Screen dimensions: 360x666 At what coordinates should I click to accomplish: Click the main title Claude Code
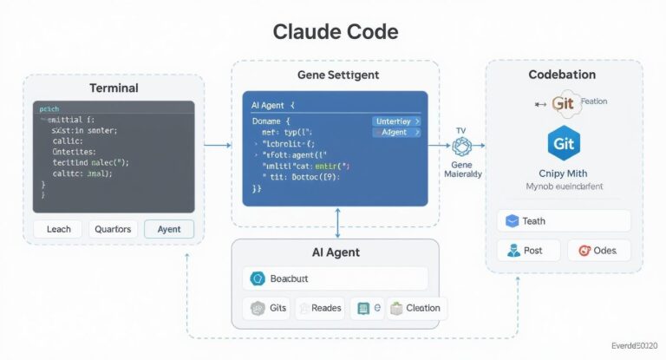click(x=335, y=32)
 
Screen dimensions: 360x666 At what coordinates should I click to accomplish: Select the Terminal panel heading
click(x=114, y=88)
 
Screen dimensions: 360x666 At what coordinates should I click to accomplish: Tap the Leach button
click(x=58, y=229)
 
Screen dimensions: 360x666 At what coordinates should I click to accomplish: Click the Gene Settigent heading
click(x=337, y=75)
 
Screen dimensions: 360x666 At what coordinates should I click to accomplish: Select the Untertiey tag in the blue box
click(x=396, y=121)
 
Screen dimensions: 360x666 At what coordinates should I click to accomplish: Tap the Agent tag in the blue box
click(x=396, y=133)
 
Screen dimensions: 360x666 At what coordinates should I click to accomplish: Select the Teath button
click(x=563, y=221)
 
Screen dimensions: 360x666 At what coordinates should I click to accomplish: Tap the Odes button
click(x=597, y=251)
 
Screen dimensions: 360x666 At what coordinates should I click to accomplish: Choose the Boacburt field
click(x=336, y=278)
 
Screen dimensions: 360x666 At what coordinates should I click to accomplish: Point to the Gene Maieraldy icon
click(x=460, y=147)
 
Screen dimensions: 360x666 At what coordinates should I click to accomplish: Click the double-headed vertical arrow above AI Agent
click(x=336, y=222)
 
